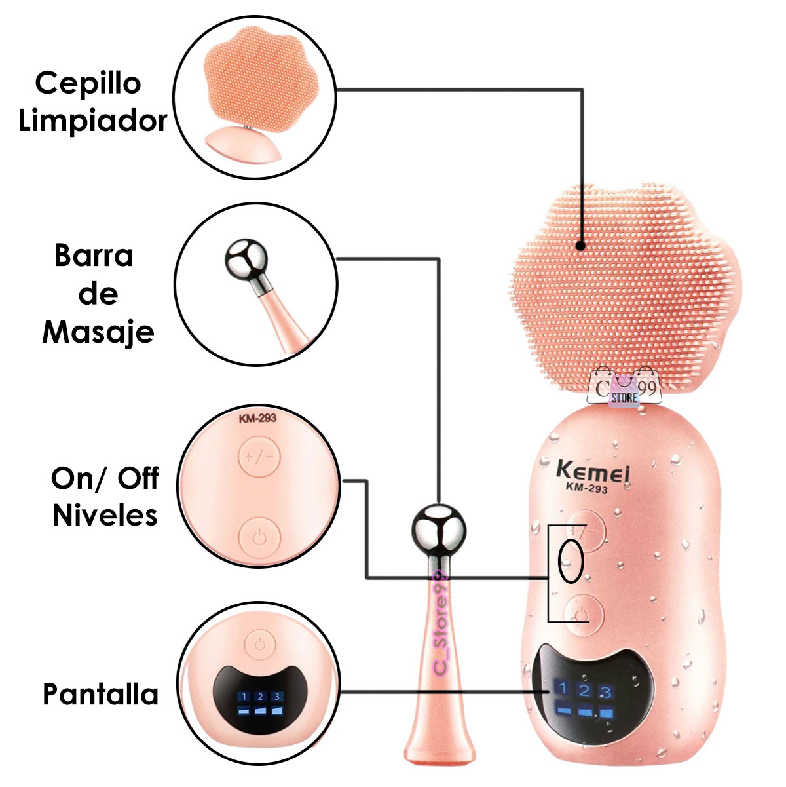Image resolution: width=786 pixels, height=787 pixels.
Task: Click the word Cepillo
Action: [x=88, y=85]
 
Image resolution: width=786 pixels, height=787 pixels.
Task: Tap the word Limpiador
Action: [x=92, y=121]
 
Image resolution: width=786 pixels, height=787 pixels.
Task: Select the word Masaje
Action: [x=98, y=332]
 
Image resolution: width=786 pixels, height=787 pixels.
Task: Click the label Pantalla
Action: [x=101, y=694]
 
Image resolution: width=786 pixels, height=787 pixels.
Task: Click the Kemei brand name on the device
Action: [x=593, y=471]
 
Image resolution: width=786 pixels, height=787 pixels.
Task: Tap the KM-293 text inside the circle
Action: [x=257, y=419]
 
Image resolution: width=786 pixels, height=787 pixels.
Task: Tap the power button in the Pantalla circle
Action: [x=260, y=644]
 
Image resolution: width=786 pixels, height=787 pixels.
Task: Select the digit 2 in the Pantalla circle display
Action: [x=260, y=697]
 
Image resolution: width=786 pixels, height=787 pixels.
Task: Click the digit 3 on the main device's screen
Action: [x=605, y=691]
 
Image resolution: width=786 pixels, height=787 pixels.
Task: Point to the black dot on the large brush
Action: [x=580, y=246]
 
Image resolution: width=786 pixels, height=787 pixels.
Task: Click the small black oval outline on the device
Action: [x=570, y=562]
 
